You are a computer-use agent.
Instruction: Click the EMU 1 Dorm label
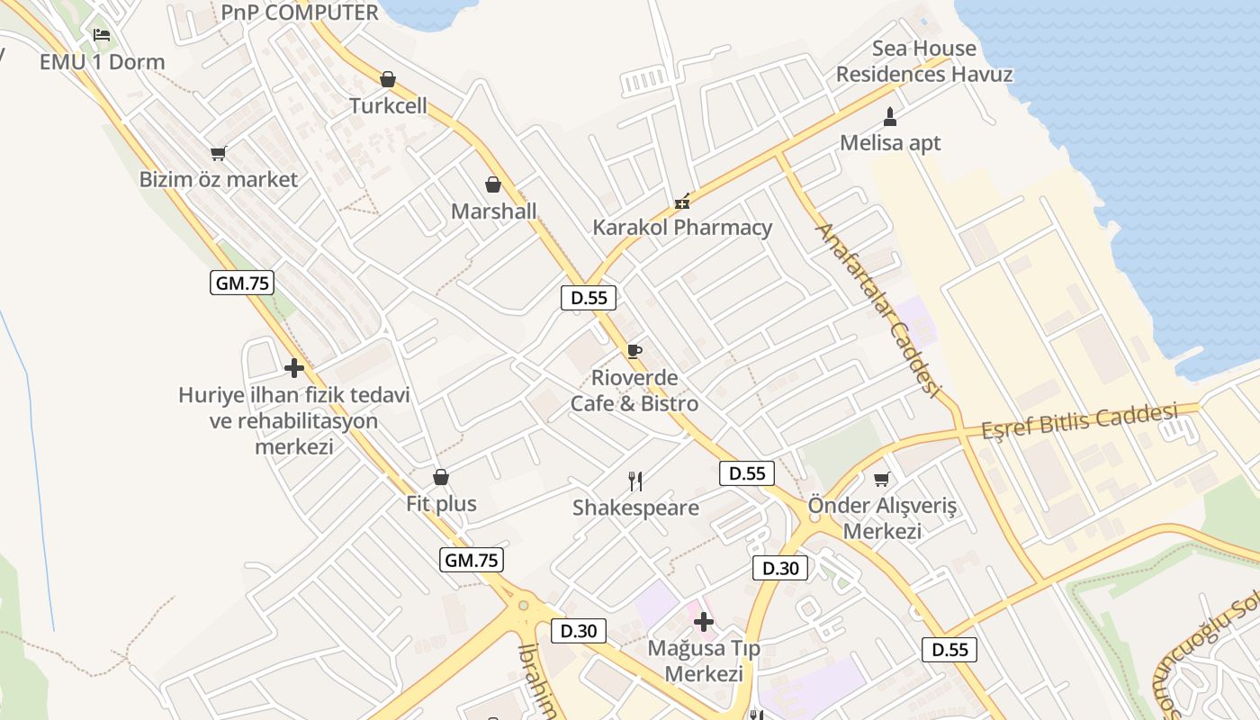(103, 62)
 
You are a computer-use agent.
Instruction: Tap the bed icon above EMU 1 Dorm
(102, 35)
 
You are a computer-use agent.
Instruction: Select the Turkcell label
(388, 106)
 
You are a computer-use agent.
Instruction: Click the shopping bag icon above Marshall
(493, 184)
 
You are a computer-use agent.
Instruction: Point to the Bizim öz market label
(218, 179)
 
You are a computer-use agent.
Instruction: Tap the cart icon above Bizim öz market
(218, 153)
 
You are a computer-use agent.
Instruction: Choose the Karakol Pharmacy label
(682, 227)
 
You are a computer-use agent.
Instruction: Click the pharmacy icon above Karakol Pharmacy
(682, 201)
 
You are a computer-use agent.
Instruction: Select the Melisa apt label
(890, 142)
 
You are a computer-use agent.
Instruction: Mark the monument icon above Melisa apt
(890, 116)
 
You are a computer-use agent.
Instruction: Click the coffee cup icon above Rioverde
(634, 351)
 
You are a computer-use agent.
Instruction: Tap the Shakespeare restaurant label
(635, 508)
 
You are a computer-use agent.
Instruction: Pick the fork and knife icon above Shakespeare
(635, 481)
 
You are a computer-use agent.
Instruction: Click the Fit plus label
(441, 503)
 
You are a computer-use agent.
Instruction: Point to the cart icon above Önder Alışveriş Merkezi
(882, 479)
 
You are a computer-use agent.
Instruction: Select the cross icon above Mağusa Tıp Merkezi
(703, 621)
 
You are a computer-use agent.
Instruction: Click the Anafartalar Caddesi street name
(877, 310)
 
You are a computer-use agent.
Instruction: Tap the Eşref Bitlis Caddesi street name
(1079, 420)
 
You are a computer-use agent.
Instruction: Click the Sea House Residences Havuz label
(924, 61)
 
